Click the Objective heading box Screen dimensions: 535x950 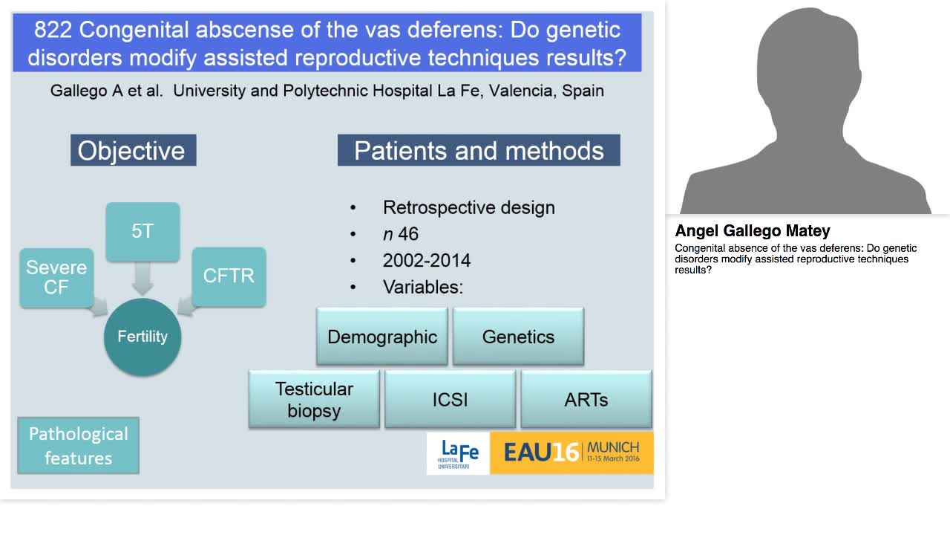tap(133, 150)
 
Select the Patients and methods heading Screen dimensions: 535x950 tap(479, 150)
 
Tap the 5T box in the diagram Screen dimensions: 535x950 tap(142, 231)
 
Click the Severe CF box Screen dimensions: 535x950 tap(56, 277)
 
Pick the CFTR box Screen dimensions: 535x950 tap(229, 276)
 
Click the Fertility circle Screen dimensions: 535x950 tap(142, 337)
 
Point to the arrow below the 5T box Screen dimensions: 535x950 tap(142, 278)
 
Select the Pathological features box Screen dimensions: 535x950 tap(78, 445)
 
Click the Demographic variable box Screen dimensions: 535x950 tap(382, 337)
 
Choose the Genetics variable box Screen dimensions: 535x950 tap(518, 337)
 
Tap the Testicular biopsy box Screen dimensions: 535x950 tap(314, 399)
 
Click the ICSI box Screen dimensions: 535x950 tap(450, 399)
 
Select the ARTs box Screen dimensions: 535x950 tap(586, 399)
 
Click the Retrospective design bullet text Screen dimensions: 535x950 tap(468, 207)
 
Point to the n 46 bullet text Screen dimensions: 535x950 tap(400, 234)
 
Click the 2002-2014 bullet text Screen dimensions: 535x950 tap(426, 261)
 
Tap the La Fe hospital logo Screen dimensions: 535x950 tap(458, 453)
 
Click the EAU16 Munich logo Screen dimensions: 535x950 tap(571, 453)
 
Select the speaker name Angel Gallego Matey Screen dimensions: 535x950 tap(752, 231)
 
